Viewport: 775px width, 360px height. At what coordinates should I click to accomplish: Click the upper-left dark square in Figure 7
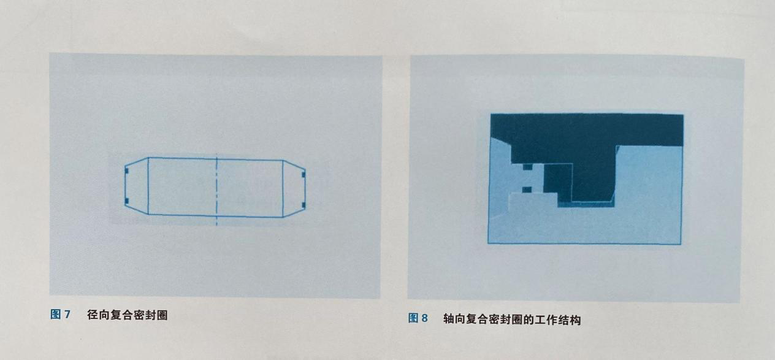pos(127,171)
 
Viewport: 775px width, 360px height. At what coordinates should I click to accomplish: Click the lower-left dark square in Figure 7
pos(127,201)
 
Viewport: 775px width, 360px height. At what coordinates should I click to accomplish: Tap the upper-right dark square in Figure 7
pos(304,174)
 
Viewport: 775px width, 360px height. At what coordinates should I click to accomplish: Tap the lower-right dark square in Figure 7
pos(304,205)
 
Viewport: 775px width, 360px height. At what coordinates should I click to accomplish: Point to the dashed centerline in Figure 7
pos(216,190)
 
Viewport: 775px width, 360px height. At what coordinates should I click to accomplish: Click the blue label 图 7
pos(60,314)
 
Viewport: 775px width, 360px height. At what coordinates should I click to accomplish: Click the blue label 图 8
pos(418,318)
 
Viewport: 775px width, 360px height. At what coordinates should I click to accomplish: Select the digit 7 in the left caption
pos(67,314)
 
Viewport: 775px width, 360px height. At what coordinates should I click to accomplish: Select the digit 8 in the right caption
pos(424,318)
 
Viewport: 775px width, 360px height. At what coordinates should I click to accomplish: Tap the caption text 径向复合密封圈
pos(128,315)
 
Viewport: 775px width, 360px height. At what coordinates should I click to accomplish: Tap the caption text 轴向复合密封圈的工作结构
pos(512,320)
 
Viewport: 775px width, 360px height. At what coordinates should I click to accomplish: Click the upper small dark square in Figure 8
pos(527,167)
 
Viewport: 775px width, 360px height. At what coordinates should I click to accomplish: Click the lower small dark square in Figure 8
pos(527,190)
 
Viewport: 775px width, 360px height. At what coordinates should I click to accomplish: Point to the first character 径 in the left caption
pos(93,315)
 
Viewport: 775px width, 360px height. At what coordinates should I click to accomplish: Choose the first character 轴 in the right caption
pos(449,319)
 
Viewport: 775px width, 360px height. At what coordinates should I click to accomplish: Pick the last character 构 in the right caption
pos(576,320)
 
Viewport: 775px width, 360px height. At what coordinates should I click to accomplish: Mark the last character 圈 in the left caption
pos(162,315)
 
